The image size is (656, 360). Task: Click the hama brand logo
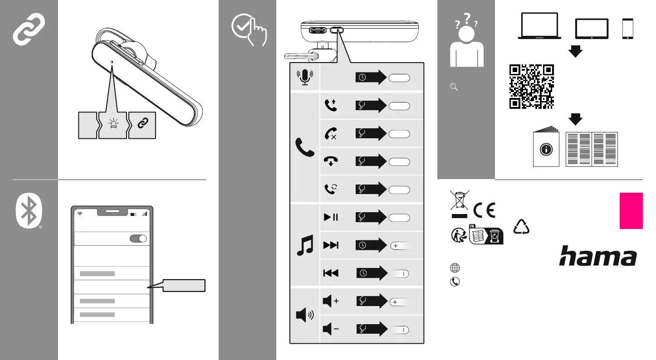(x=597, y=256)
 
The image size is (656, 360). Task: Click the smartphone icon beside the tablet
(x=628, y=28)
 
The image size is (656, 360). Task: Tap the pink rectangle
(x=631, y=211)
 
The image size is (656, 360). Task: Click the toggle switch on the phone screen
(x=138, y=239)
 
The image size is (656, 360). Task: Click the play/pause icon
(x=331, y=217)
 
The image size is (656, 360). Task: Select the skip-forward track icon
(x=331, y=245)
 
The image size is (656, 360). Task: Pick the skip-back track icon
(x=331, y=273)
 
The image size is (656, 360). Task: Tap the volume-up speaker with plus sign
(x=331, y=301)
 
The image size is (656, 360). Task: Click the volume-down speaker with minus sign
(x=331, y=329)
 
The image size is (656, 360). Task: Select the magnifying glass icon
(x=453, y=88)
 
